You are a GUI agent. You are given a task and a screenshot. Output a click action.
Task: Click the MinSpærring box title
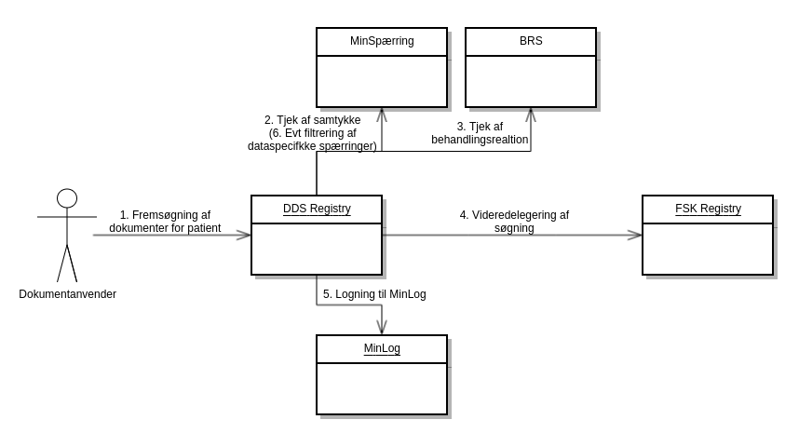click(x=382, y=41)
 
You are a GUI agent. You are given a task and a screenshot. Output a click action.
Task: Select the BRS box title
click(x=531, y=41)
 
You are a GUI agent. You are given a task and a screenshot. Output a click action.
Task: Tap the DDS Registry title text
click(x=317, y=209)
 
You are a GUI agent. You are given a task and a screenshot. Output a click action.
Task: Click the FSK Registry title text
click(x=708, y=209)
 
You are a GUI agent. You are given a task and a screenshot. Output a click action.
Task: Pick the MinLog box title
click(x=382, y=348)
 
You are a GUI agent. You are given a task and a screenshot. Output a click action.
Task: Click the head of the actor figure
click(x=67, y=197)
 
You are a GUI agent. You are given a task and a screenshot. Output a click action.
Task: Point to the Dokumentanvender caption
click(x=67, y=294)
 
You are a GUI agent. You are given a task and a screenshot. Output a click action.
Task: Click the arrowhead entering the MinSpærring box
click(x=382, y=114)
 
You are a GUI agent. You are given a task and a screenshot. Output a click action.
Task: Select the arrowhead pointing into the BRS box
click(x=531, y=114)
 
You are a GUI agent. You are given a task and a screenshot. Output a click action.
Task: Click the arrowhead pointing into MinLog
click(x=382, y=328)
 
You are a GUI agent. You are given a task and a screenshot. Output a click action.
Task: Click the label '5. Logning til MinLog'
click(x=374, y=294)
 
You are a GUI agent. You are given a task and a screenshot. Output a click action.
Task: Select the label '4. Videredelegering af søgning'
click(x=514, y=221)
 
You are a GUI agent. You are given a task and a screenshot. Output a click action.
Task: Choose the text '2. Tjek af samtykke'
click(x=312, y=120)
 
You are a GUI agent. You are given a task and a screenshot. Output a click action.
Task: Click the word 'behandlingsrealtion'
click(x=480, y=140)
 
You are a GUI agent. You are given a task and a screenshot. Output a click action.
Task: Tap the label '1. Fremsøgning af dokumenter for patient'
click(x=165, y=221)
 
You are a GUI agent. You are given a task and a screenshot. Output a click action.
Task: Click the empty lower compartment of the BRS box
click(x=531, y=81)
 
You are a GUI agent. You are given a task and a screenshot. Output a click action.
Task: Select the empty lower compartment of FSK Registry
click(x=708, y=249)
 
